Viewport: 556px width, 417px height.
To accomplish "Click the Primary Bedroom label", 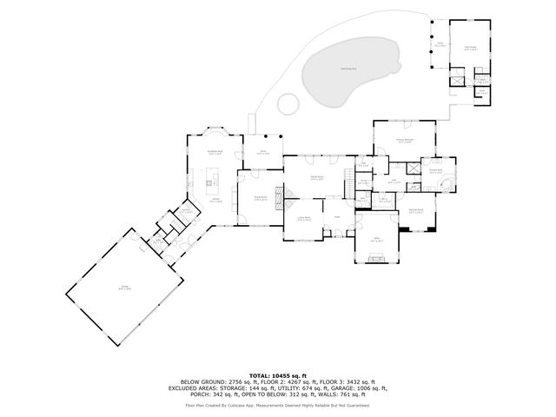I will [x=405, y=140].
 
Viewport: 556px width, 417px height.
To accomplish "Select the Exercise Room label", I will [x=416, y=210].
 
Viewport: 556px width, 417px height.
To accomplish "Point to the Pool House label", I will [x=470, y=49].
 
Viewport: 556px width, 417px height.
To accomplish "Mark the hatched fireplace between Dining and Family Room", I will [x=279, y=198].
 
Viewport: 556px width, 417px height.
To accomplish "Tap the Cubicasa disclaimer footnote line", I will [x=277, y=406].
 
